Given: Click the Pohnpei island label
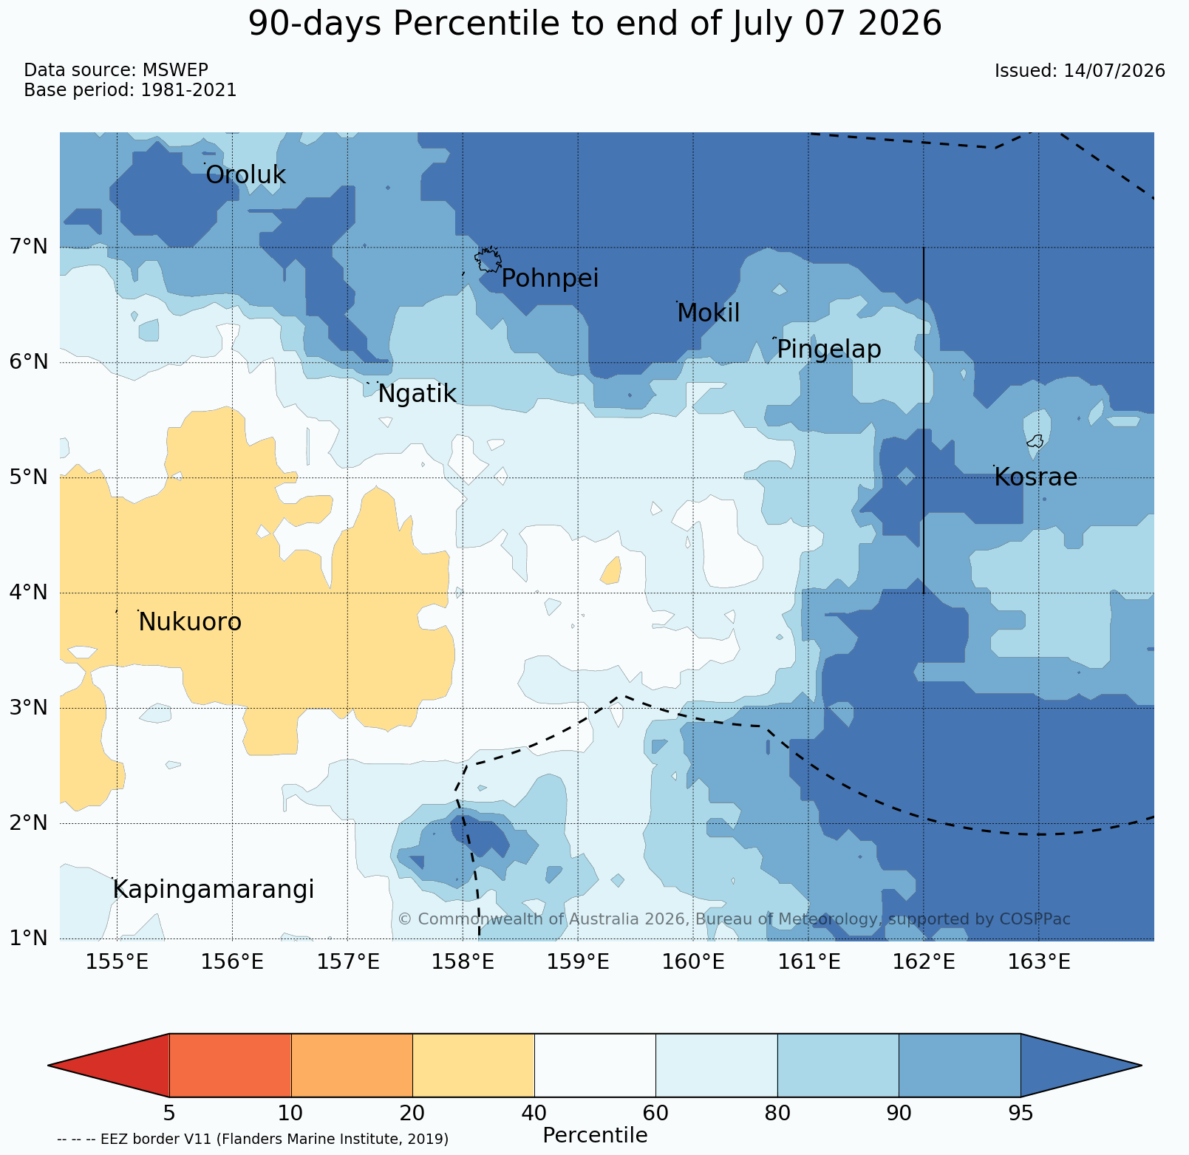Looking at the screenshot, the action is click(x=550, y=279).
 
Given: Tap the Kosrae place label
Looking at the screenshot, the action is click(x=1035, y=477).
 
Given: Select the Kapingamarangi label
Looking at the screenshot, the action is click(x=214, y=890).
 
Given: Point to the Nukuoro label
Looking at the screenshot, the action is click(x=190, y=622).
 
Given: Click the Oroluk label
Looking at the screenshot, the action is click(x=245, y=175).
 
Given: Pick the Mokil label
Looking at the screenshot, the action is click(x=709, y=313).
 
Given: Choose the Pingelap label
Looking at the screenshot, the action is click(x=829, y=349).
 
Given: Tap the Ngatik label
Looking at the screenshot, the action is click(x=417, y=394).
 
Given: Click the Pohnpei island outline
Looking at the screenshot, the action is click(x=488, y=259).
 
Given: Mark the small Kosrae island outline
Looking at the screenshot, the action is click(x=1035, y=441).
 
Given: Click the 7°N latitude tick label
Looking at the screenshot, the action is click(x=29, y=247).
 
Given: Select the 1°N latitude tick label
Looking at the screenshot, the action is click(x=29, y=938).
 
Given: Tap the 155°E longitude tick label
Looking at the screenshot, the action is click(x=117, y=962).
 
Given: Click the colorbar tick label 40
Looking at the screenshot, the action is click(x=534, y=1113).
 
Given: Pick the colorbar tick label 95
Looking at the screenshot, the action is click(x=1021, y=1113).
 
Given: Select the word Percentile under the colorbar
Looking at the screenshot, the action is click(x=595, y=1136).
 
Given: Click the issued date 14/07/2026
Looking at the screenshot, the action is click(x=1114, y=71).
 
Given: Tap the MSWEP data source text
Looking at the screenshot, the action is click(x=175, y=70).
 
